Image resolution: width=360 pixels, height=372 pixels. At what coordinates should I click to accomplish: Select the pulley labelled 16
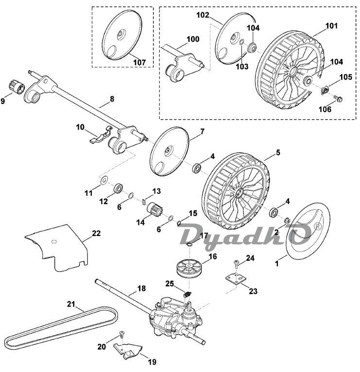coord(189,269)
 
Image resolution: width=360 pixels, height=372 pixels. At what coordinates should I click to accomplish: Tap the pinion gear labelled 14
coord(154,209)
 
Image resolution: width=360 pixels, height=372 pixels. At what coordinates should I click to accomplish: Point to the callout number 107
coord(139,62)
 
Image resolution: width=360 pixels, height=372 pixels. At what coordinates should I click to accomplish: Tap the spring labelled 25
coord(188,295)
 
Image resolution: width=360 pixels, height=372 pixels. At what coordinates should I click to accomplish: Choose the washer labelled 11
coord(103,180)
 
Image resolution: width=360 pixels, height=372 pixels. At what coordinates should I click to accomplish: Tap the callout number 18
coord(141,288)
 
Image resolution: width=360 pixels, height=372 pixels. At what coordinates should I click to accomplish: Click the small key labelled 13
coord(144,202)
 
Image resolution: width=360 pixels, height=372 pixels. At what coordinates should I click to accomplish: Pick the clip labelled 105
coord(325,90)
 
